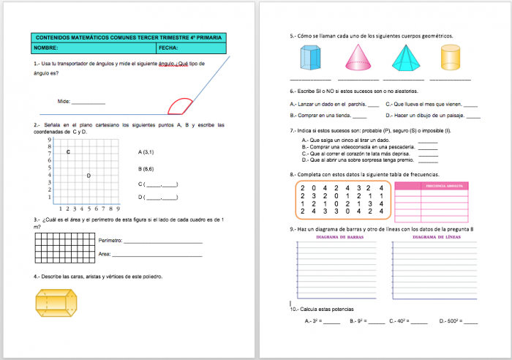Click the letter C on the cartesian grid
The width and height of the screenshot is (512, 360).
(x=68, y=152)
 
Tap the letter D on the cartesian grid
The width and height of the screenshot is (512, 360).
(x=89, y=176)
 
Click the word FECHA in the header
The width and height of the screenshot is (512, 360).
(x=167, y=48)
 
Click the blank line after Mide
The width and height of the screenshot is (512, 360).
(x=89, y=103)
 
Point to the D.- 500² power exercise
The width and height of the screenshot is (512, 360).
(x=458, y=320)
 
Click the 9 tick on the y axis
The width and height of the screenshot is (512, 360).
(x=48, y=139)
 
